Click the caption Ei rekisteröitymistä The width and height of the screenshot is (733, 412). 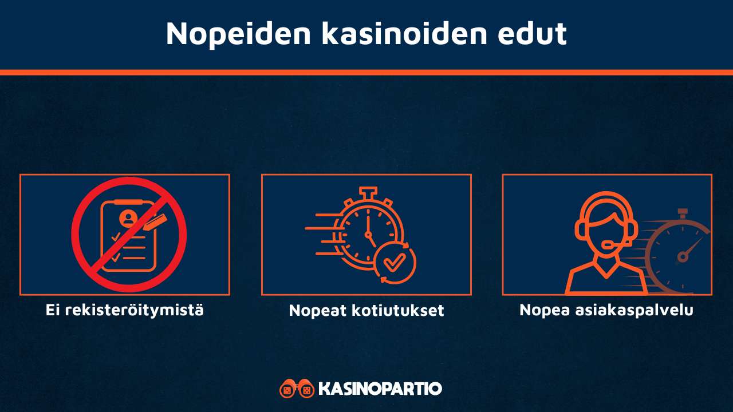[x=125, y=310]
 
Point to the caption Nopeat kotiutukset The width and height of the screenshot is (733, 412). [x=366, y=311]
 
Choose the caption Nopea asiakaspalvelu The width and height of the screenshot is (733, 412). [x=606, y=310]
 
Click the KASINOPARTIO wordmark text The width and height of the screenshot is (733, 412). [x=380, y=389]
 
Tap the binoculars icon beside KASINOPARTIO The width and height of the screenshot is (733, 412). [x=297, y=389]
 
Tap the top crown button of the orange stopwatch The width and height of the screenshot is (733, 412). [x=368, y=192]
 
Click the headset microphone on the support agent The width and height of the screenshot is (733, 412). [x=608, y=245]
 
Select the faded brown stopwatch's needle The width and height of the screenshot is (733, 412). [x=691, y=248]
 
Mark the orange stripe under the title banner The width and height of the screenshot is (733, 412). [x=366, y=73]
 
